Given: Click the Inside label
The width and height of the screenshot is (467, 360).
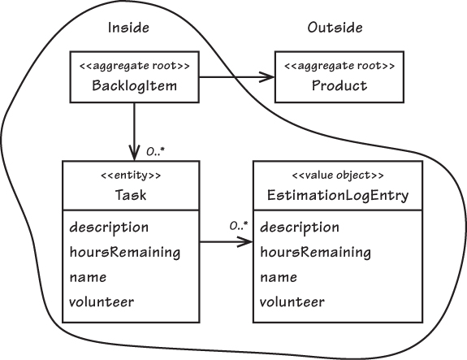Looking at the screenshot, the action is [x=128, y=28].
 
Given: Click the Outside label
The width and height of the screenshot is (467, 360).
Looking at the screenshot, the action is [x=335, y=28].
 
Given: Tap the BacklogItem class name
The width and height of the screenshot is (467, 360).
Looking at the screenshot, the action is [x=134, y=85].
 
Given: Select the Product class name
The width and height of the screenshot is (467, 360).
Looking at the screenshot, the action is [x=339, y=85].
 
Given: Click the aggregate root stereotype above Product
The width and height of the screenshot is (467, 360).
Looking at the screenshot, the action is [x=339, y=66].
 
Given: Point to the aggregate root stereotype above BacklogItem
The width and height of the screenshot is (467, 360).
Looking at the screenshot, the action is [x=134, y=66].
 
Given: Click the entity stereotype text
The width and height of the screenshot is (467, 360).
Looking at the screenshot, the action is [x=131, y=176].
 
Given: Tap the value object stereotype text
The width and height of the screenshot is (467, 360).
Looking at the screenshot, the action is [x=338, y=176].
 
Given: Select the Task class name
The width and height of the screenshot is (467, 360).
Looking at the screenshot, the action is [x=131, y=195].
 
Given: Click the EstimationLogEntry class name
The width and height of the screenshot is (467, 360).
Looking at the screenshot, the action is [x=338, y=196].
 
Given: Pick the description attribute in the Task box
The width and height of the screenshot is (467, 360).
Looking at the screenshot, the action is [x=109, y=228].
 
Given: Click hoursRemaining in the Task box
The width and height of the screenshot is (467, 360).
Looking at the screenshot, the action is [x=125, y=252].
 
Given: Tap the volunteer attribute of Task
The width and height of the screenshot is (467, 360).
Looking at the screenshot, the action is [x=102, y=301].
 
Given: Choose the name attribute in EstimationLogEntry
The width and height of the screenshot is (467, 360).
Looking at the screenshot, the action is [x=279, y=277].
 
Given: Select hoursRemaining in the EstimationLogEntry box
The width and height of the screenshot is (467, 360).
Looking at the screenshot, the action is [x=315, y=252].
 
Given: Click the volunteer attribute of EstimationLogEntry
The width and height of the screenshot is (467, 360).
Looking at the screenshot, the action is [x=292, y=301].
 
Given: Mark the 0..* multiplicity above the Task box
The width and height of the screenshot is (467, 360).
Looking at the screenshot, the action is [x=155, y=152].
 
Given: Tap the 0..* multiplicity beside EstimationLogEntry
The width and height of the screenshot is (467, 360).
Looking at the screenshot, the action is [x=239, y=226].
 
